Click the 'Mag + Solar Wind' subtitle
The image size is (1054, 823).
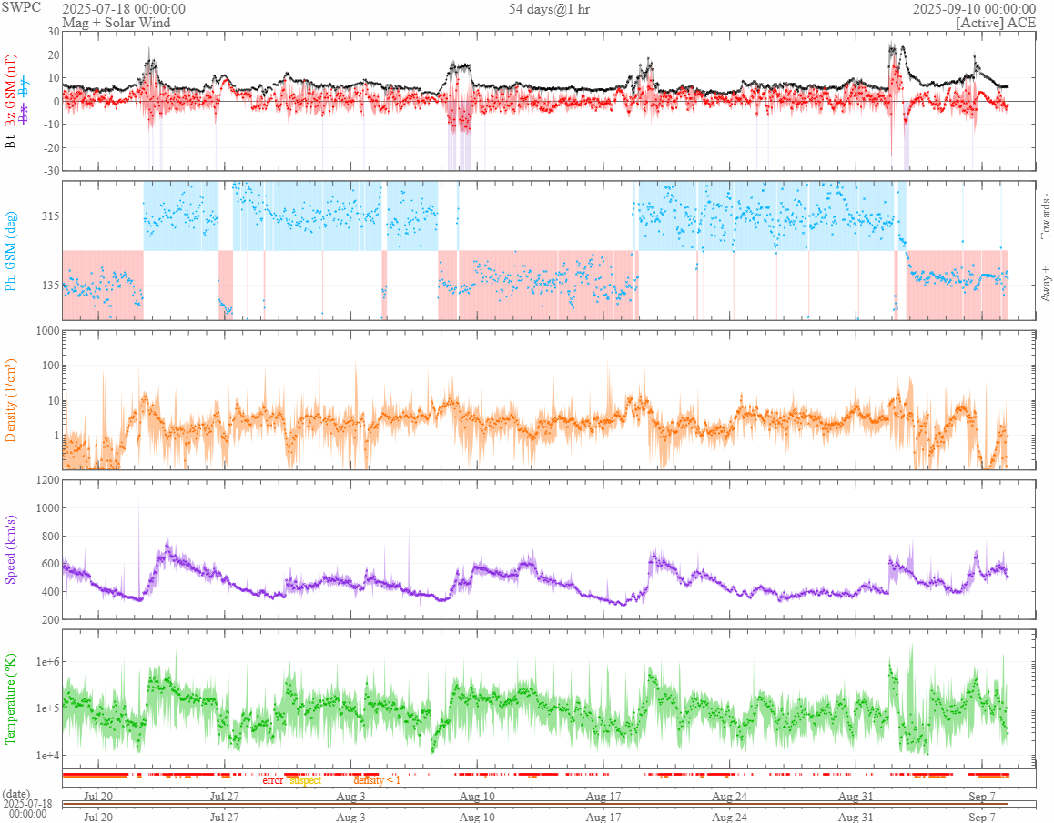pyautogui.click(x=116, y=22)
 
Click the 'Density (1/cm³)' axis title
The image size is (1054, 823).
pyautogui.click(x=11, y=400)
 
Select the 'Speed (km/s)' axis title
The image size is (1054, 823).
pyautogui.click(x=11, y=549)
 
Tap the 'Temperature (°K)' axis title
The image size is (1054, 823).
pyautogui.click(x=11, y=698)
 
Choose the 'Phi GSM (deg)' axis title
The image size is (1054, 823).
pyautogui.click(x=11, y=249)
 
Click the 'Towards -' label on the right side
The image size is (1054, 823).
pyautogui.click(x=1045, y=216)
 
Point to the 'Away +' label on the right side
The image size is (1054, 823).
pyautogui.click(x=1045, y=284)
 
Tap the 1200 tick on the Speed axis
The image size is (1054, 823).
pyautogui.click(x=45, y=479)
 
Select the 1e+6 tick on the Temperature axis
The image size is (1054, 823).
pyautogui.click(x=46, y=661)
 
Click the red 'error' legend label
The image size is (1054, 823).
pyautogui.click(x=272, y=780)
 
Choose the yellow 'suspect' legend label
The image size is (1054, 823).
pyautogui.click(x=305, y=780)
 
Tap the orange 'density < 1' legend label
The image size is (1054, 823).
pyautogui.click(x=376, y=780)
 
